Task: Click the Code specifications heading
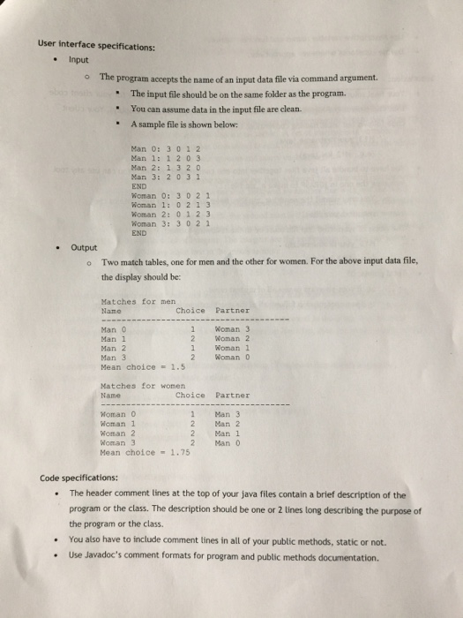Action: tap(81, 479)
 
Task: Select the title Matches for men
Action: tap(133, 302)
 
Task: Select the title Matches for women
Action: tap(138, 386)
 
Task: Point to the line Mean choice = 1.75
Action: tap(137, 451)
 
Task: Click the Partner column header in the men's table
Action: tap(233, 310)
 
